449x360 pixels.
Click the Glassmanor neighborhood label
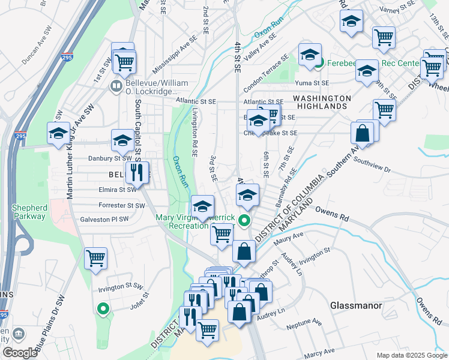pyautogui.click(x=356, y=305)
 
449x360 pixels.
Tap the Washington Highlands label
pyautogui.click(x=322, y=101)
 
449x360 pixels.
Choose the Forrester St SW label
pyautogui.click(x=122, y=205)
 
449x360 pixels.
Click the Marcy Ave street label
pyautogui.click(x=319, y=354)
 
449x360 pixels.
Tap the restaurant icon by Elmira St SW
pyautogui.click(x=137, y=172)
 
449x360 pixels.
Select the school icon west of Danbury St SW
pyautogui.click(x=58, y=133)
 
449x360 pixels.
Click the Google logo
pyautogui.click(x=20, y=353)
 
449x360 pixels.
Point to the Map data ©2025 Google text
pyautogui.click(x=411, y=355)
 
